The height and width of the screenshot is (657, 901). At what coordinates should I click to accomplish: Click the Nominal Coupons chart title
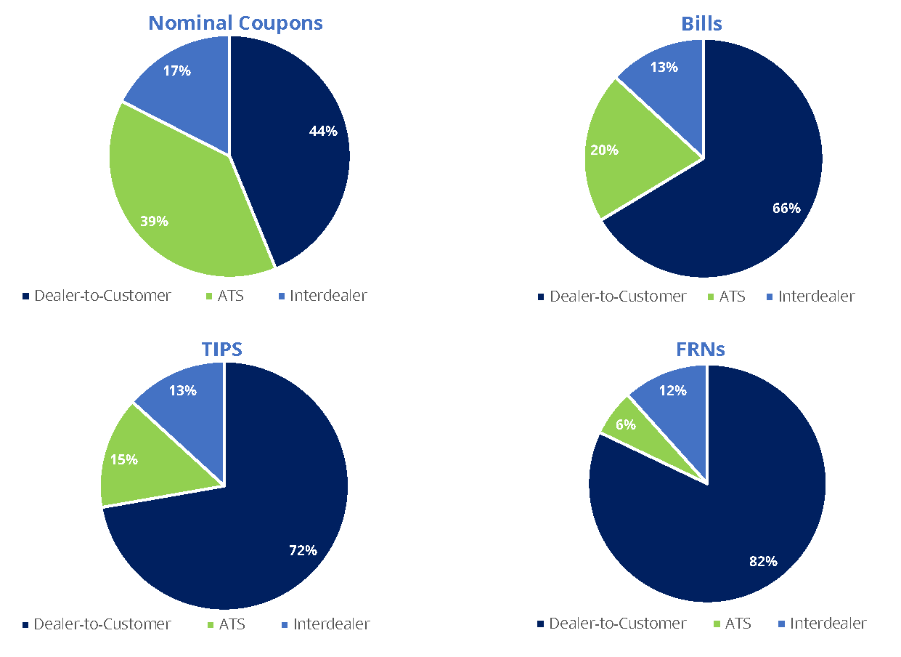pos(235,23)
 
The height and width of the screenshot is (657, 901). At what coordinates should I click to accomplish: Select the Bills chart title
pos(701,24)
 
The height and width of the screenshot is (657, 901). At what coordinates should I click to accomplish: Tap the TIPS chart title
pos(221,349)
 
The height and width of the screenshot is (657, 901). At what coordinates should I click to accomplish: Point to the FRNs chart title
pos(700,350)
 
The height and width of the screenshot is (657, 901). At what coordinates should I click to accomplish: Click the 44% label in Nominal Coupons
pos(323,131)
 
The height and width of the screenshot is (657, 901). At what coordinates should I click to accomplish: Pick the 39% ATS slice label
pos(154,221)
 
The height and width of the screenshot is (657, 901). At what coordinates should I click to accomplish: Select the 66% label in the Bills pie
pos(786,209)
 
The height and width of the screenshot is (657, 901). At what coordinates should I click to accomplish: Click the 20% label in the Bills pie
pos(604,150)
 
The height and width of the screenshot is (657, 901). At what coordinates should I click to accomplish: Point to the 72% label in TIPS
pos(303,550)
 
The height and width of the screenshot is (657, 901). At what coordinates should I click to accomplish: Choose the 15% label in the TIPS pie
pos(123,459)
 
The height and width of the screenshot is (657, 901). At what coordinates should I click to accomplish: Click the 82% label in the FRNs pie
pos(763,561)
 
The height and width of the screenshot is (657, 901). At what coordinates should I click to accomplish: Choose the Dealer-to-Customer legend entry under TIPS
pos(102,624)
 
